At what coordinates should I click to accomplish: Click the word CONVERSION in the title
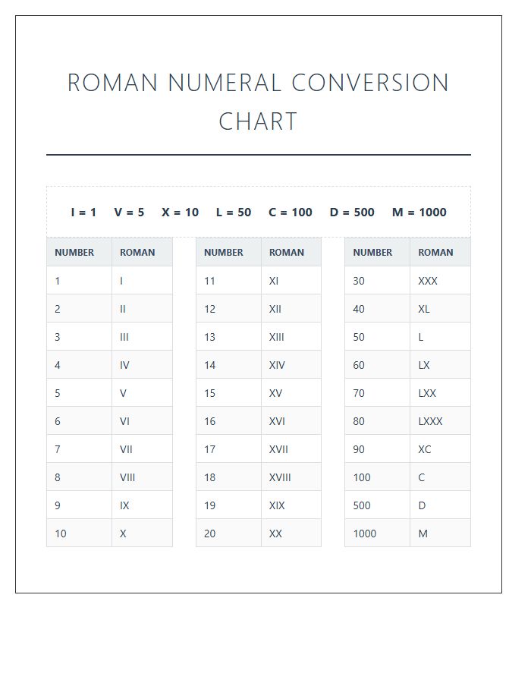click(370, 83)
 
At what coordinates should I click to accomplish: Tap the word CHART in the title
click(258, 121)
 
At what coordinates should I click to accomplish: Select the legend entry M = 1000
click(419, 212)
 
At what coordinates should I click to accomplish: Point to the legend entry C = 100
click(290, 212)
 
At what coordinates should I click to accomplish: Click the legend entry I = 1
click(83, 212)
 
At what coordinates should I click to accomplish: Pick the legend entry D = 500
click(352, 212)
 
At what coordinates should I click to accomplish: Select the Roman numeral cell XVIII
click(280, 477)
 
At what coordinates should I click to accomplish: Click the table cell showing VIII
click(127, 477)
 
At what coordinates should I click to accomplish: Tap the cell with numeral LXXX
click(430, 421)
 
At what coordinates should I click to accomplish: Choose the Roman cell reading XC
click(425, 449)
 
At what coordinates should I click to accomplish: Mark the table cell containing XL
click(424, 309)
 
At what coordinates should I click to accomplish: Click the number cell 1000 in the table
click(364, 533)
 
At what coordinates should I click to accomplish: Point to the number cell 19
click(210, 505)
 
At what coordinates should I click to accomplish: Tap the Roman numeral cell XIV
click(277, 365)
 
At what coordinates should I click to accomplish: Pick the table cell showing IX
click(124, 505)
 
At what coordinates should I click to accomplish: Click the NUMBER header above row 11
click(224, 253)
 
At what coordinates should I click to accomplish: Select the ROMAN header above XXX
click(435, 253)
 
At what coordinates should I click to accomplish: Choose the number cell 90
click(359, 449)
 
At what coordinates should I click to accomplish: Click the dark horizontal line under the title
click(258, 155)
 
